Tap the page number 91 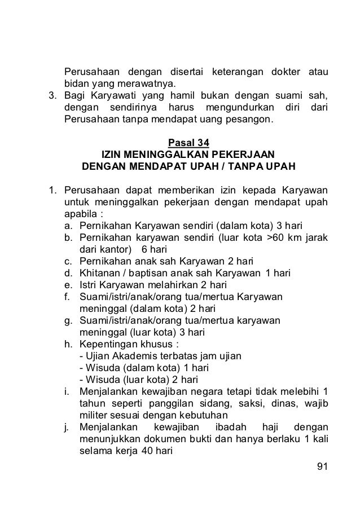tap(323, 466)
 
